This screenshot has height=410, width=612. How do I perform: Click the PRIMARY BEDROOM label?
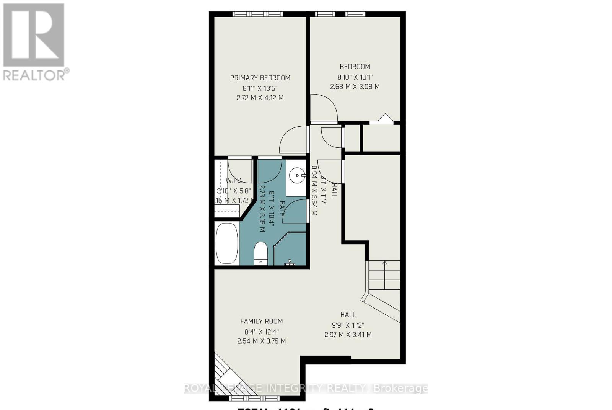pyautogui.click(x=260, y=78)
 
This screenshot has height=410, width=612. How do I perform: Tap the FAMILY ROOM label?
pyautogui.click(x=262, y=321)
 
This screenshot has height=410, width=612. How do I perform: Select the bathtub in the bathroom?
pyautogui.click(x=227, y=243)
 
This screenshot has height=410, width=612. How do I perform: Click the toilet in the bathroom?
pyautogui.click(x=261, y=253)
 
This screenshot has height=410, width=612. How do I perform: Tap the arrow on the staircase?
pyautogui.click(x=384, y=263)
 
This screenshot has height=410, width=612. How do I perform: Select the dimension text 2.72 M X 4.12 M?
pyautogui.click(x=260, y=98)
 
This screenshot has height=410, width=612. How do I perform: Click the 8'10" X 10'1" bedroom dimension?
pyautogui.click(x=355, y=77)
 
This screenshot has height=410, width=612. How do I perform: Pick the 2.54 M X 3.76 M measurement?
pyautogui.click(x=262, y=341)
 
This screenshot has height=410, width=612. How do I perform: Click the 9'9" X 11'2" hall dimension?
pyautogui.click(x=348, y=325)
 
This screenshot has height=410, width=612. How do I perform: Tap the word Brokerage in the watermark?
pyautogui.click(x=400, y=389)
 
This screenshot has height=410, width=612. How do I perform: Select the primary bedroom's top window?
pyautogui.click(x=257, y=14)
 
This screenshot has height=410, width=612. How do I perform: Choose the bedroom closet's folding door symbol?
pyautogui.click(x=386, y=118)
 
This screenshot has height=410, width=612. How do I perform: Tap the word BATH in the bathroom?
pyautogui.click(x=282, y=209)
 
